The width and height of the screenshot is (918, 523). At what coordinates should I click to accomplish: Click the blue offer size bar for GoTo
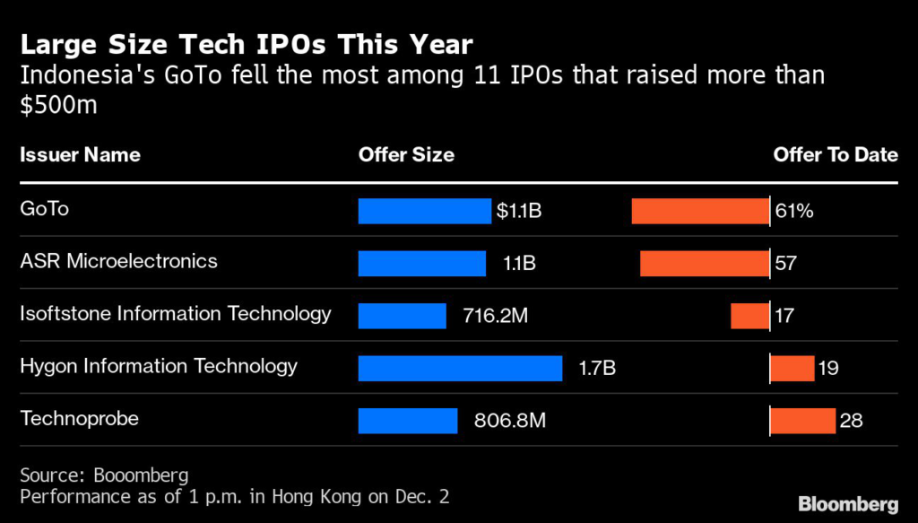(425, 211)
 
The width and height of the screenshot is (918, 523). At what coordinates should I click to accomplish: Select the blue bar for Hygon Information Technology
(460, 368)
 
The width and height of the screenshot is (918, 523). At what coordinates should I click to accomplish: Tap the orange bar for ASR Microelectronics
(704, 263)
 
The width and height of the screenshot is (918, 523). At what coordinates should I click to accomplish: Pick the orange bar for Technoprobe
(803, 420)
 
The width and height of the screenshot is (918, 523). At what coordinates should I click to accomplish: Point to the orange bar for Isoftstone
(749, 316)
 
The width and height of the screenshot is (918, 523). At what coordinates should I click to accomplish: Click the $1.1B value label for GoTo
(519, 211)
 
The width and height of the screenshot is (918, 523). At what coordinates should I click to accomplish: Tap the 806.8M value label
(509, 420)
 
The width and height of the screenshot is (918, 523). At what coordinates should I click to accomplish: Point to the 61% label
(794, 211)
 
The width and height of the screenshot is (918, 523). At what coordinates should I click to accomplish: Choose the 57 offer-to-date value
(786, 263)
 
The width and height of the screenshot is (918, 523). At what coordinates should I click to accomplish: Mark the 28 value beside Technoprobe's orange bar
(851, 420)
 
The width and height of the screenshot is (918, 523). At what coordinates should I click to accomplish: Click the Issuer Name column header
(80, 154)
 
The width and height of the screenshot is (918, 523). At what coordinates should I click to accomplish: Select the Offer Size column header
(406, 154)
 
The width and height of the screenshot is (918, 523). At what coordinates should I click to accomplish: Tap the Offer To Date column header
(836, 154)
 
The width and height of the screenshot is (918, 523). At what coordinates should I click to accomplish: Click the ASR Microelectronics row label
(118, 261)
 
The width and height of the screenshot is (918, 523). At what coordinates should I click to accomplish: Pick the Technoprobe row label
(80, 418)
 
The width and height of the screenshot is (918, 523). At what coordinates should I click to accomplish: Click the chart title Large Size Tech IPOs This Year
(247, 44)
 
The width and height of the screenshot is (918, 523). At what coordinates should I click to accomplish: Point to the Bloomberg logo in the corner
(848, 501)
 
